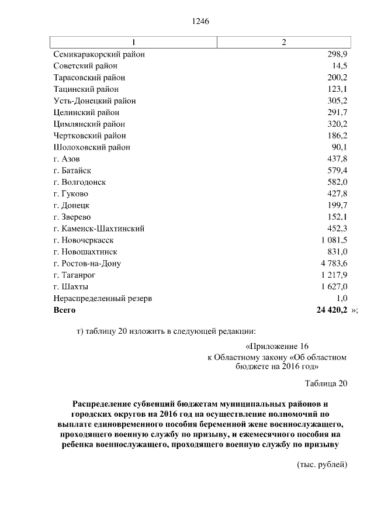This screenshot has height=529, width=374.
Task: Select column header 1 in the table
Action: (134, 42)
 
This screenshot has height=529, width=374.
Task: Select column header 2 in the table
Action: (284, 42)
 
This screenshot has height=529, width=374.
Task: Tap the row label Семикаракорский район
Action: (99, 54)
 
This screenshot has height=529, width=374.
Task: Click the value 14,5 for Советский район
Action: (338, 66)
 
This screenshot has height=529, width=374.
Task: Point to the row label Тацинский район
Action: (86, 89)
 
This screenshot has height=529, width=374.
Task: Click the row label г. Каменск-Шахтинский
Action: (99, 229)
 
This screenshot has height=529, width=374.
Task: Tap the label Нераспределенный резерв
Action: (103, 298)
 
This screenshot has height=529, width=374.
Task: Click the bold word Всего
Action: (64, 310)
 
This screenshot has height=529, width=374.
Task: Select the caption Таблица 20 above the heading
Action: (326, 383)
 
